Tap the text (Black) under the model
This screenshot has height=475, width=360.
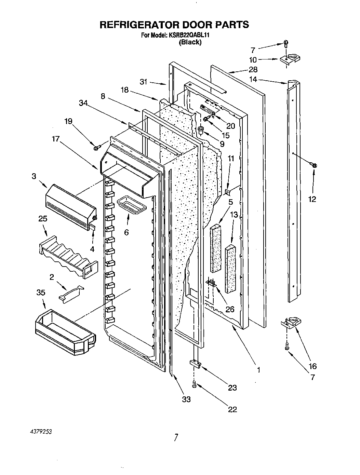pyautogui.click(x=190, y=42)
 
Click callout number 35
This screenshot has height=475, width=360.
pyautogui.click(x=41, y=293)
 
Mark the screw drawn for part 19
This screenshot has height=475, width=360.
pyautogui.click(x=96, y=148)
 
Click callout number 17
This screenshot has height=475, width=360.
pyautogui.click(x=55, y=139)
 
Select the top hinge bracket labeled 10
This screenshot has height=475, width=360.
pyautogui.click(x=289, y=59)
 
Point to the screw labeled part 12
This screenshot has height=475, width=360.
pyautogui.click(x=314, y=165)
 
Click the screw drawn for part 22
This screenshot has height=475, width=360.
pyautogui.click(x=195, y=385)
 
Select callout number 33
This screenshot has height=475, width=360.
pyautogui.click(x=186, y=399)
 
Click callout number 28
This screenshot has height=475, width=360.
pyautogui.click(x=253, y=69)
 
